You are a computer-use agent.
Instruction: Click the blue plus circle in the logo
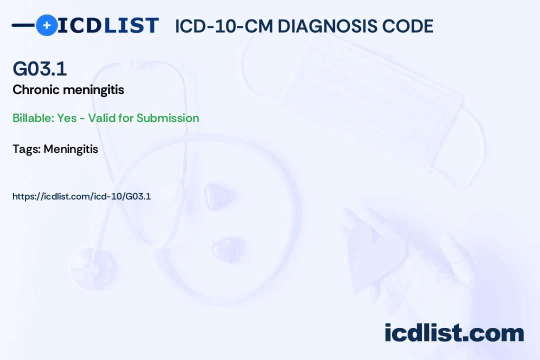click(x=46, y=25)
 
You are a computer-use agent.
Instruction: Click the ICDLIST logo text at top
click(x=108, y=25)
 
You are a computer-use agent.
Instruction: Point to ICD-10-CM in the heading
click(x=223, y=26)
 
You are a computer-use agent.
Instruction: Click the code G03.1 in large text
click(x=39, y=69)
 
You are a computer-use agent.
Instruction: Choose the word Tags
click(x=26, y=149)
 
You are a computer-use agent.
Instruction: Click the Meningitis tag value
click(x=70, y=149)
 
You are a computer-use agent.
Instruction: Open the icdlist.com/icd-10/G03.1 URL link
click(x=81, y=196)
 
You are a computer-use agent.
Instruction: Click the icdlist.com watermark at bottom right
click(x=454, y=333)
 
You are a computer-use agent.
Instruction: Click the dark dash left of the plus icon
click(x=23, y=25)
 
